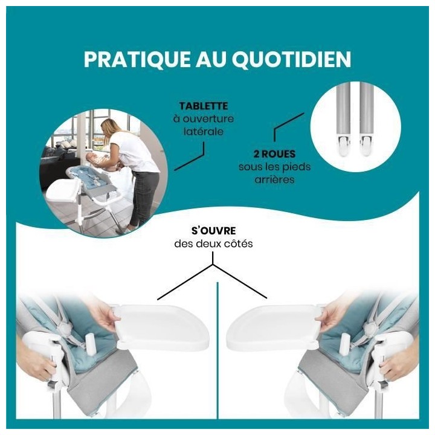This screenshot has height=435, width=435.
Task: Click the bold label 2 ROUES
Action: coord(270,154)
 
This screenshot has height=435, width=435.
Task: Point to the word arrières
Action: coord(270,180)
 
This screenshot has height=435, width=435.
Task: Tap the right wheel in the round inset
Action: coord(366,143)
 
